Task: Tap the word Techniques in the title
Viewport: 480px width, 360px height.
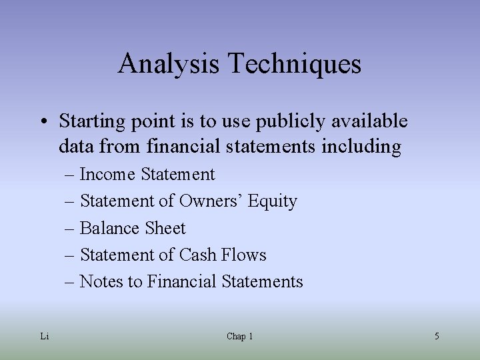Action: (x=295, y=64)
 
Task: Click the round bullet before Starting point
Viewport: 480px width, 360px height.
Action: (x=42, y=122)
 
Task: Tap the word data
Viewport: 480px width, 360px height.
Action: (x=76, y=146)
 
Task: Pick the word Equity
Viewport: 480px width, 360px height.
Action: (x=273, y=201)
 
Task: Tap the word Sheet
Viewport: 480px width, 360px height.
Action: (x=165, y=228)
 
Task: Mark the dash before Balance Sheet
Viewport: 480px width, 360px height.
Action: (x=70, y=229)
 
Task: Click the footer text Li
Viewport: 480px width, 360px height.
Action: (x=44, y=336)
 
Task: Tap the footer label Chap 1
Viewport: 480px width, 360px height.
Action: (x=239, y=336)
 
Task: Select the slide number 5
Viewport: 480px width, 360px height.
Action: (x=437, y=336)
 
